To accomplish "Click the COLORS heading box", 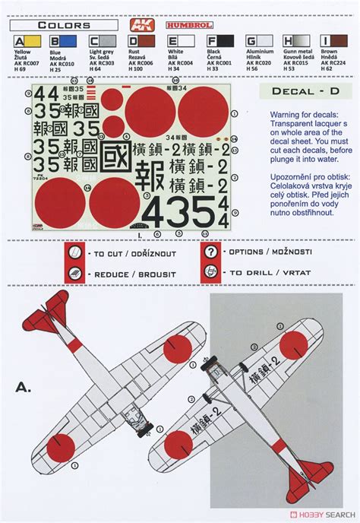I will (64, 25).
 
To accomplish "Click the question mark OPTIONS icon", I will (210, 252).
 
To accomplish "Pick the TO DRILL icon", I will (210, 272).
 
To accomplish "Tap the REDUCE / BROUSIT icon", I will (75, 273).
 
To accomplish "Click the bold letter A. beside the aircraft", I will (24, 388).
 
